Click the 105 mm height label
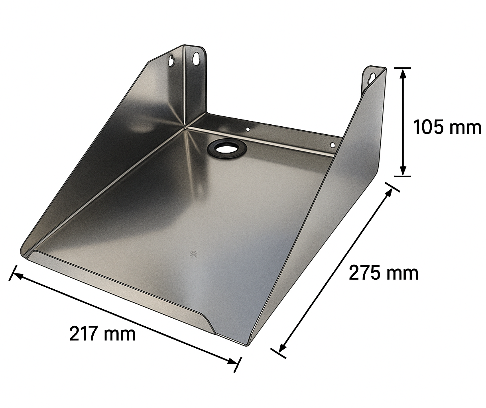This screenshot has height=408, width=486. tap(447, 127)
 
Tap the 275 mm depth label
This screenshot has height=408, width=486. tap(384, 273)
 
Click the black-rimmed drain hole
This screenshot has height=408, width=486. tap(227, 148)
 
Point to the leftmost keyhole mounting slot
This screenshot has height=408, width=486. tap(171, 61)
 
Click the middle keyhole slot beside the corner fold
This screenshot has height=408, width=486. tap(196, 58)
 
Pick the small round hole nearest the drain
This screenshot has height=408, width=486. tap(248, 129)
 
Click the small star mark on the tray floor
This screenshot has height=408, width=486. tap(194, 254)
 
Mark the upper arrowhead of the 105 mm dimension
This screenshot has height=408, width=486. tap(403, 72)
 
